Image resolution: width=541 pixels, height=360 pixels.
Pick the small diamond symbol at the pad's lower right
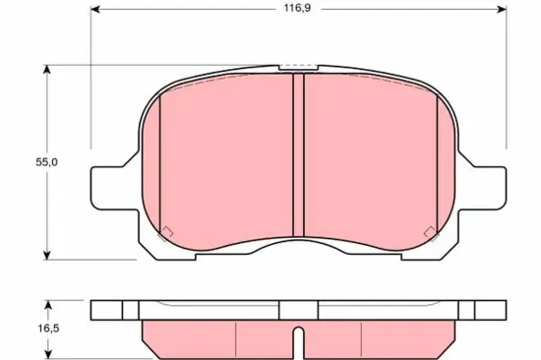[x=429, y=232]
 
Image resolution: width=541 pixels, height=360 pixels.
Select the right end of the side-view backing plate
[x=503, y=310]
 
